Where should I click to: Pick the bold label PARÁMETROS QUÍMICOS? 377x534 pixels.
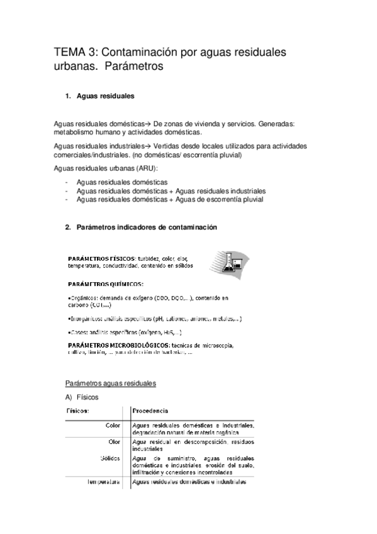(106, 284)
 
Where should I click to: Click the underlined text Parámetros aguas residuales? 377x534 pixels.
(111, 383)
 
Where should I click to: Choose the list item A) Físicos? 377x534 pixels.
(82, 397)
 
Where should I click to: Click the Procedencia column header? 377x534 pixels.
(150, 411)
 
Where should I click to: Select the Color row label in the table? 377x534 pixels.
(113, 426)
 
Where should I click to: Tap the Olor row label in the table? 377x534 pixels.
(115, 441)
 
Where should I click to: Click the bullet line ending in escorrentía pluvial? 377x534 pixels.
(169, 200)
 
